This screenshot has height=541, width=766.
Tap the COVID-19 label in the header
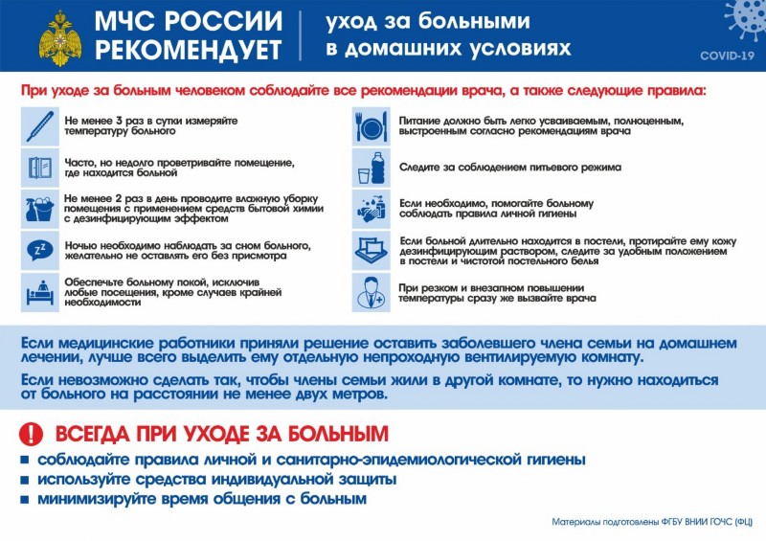coord(727,56)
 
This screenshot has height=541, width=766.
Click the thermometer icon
coord(40,126)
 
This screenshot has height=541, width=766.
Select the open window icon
coord(40,168)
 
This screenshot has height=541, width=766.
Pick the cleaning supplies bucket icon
coord(40,208)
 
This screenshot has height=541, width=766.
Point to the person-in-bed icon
coord(40,290)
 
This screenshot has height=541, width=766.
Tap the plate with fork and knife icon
coord(371,126)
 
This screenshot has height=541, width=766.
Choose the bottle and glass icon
coord(371,168)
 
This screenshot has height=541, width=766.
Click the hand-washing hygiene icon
coord(371,208)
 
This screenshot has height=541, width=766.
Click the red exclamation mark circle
coord(33,433)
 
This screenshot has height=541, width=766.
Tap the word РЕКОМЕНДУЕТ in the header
coord(190,49)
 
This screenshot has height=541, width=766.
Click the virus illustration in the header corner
coord(743,19)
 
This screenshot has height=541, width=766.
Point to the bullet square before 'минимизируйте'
coord(24,500)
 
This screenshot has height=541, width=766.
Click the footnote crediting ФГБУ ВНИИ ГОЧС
coord(651,523)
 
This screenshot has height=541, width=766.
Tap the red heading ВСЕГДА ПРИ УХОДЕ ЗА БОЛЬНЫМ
coord(221,433)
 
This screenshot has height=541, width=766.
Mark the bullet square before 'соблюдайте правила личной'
coord(24,460)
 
